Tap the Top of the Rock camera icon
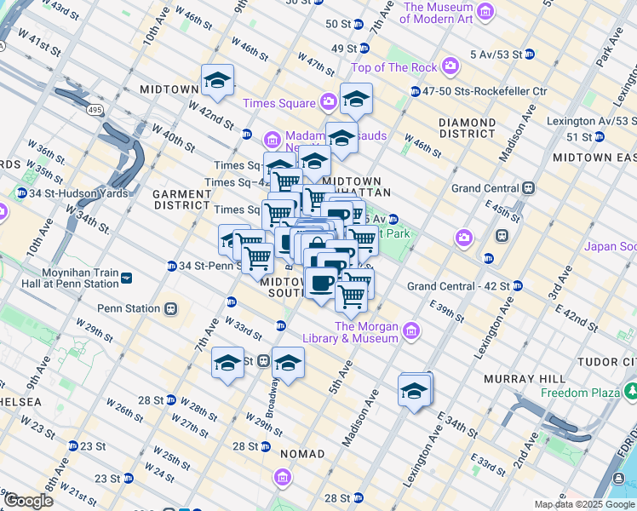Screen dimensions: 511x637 (x=450, y=66)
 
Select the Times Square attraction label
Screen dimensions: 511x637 (x=278, y=103)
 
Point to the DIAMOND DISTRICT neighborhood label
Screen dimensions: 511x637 (x=467, y=128)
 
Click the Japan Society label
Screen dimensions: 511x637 (x=610, y=247)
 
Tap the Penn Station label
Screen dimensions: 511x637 (x=128, y=308)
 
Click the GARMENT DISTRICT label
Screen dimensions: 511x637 (x=181, y=199)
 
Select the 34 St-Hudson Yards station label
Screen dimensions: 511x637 (x=77, y=193)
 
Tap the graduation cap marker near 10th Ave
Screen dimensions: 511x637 (x=217, y=82)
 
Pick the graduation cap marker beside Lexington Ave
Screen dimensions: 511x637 (x=415, y=391)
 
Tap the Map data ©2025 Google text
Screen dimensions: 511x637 (x=583, y=504)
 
